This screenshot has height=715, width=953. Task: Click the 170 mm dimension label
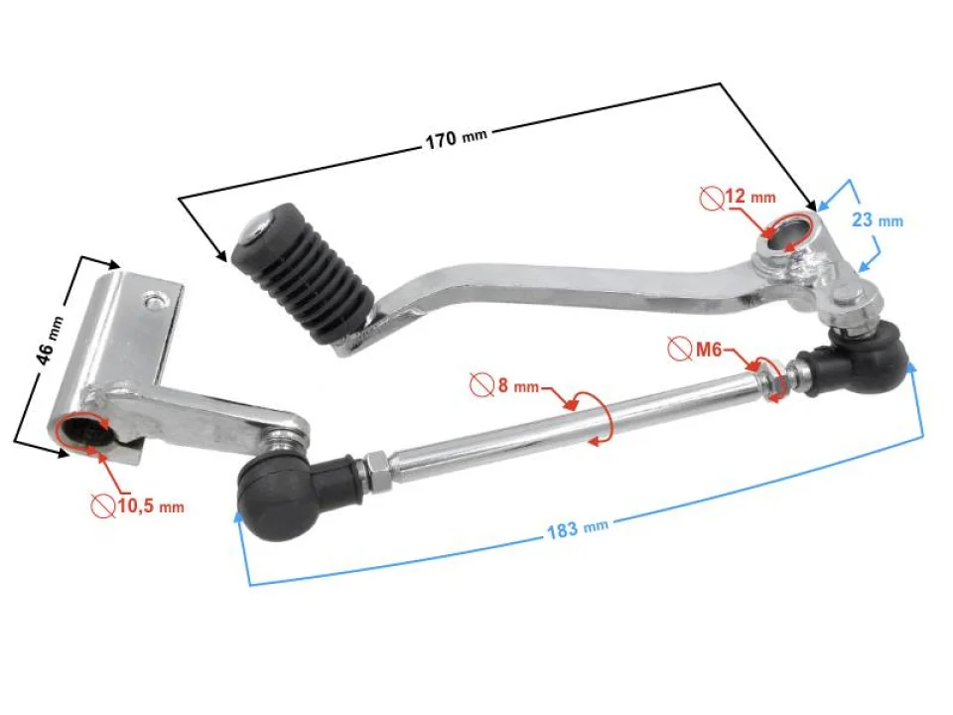456,138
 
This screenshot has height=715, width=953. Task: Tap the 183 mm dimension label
577,528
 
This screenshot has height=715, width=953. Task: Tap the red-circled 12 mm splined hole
791,232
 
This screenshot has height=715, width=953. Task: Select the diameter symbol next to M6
680,350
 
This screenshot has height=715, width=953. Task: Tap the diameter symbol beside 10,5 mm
102,506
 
